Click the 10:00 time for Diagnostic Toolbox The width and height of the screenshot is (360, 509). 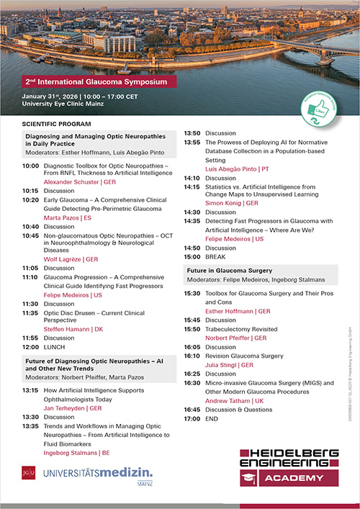click(30, 166)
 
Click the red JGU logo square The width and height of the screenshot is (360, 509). click(27, 473)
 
